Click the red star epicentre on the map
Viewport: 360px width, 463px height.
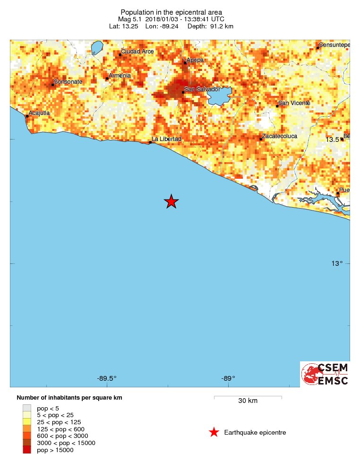pyautogui.click(x=171, y=202)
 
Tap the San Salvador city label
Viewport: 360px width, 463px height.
pyautogui.click(x=203, y=89)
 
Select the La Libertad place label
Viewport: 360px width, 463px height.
pyautogui.click(x=166, y=139)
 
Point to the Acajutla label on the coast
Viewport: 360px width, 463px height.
pyautogui.click(x=39, y=113)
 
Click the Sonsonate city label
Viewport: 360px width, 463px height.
pyautogui.click(x=69, y=82)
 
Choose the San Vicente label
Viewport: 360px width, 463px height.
pyautogui.click(x=294, y=103)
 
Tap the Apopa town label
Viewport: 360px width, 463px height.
pyautogui.click(x=195, y=60)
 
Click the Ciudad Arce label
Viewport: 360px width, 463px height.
pyautogui.click(x=137, y=51)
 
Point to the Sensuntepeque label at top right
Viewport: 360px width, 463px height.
pyautogui.click(x=334, y=45)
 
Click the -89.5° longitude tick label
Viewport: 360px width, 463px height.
pyautogui.click(x=107, y=378)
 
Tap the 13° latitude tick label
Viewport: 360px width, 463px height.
pyautogui.click(x=336, y=263)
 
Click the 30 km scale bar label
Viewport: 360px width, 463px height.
pyautogui.click(x=248, y=401)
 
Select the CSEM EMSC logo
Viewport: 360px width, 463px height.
pyautogui.click(x=326, y=374)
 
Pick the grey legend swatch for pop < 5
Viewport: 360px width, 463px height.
pyautogui.click(x=27, y=408)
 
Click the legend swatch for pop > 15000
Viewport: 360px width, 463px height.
pyautogui.click(x=27, y=450)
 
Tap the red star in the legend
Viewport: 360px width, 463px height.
pyautogui.click(x=214, y=432)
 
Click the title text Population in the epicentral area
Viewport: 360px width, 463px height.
pyautogui.click(x=171, y=12)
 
